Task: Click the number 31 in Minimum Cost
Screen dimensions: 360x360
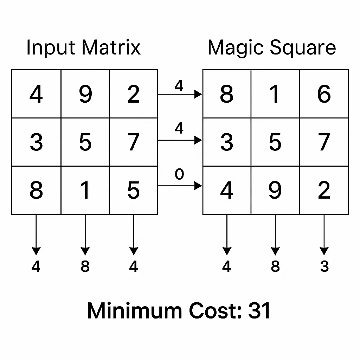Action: (259, 311)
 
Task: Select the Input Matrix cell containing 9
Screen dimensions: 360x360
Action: (85, 94)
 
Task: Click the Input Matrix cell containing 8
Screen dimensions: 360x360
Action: (36, 190)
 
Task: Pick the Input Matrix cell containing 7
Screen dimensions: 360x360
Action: (133, 142)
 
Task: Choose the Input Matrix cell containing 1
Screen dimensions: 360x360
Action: (85, 190)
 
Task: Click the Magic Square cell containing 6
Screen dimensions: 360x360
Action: (324, 94)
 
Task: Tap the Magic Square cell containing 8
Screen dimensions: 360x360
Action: (227, 94)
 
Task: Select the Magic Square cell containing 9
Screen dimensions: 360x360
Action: (275, 190)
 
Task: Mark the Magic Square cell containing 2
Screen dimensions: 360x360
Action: (324, 190)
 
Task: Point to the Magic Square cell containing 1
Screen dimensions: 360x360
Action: (275, 94)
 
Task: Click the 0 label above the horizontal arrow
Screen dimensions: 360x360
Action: (179, 174)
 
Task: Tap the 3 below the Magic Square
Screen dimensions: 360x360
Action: (324, 267)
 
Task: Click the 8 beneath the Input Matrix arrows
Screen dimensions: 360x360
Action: (85, 267)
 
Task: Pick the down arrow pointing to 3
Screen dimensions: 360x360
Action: (324, 234)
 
